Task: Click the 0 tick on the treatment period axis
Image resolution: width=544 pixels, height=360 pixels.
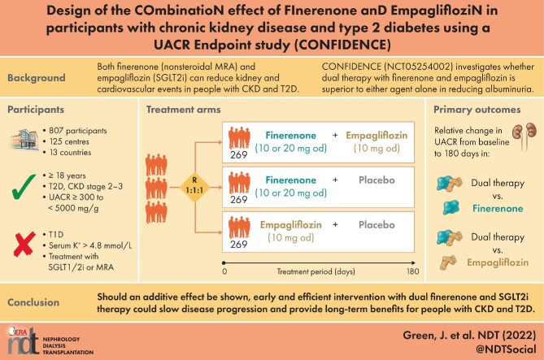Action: coord(224,272)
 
